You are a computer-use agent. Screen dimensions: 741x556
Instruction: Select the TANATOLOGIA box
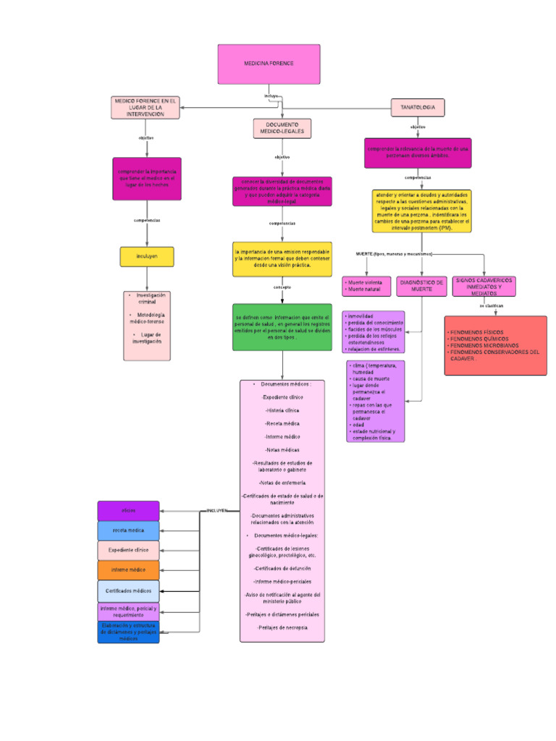(x=418, y=107)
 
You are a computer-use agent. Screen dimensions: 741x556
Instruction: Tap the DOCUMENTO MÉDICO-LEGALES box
(x=282, y=128)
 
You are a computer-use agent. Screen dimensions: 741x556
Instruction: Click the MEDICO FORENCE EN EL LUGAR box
(x=146, y=107)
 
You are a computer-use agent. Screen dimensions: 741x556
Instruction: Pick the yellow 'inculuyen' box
(x=147, y=256)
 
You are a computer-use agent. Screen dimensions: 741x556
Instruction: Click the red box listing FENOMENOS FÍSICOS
(x=495, y=345)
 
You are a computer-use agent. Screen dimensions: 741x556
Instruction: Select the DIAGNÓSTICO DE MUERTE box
(x=421, y=286)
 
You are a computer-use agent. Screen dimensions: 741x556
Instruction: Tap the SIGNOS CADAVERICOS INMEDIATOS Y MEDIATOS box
(x=484, y=285)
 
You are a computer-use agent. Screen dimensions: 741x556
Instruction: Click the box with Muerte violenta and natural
(x=366, y=286)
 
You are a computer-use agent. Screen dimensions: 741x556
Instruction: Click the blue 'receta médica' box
(x=128, y=530)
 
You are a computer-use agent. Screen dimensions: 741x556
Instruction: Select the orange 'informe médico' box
(x=128, y=569)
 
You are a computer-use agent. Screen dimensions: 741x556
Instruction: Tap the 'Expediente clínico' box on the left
(x=128, y=550)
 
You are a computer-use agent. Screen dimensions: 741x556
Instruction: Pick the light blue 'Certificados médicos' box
(x=128, y=591)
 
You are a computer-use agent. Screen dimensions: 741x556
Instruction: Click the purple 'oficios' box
(x=128, y=511)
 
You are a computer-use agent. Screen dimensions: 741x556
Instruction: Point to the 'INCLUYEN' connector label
(x=217, y=510)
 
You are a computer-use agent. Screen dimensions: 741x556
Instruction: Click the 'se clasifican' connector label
(x=490, y=306)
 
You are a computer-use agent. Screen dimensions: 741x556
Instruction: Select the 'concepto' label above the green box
(x=282, y=287)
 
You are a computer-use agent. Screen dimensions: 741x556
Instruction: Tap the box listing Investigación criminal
(x=147, y=326)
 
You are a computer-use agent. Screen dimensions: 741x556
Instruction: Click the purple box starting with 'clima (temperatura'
(x=376, y=401)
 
